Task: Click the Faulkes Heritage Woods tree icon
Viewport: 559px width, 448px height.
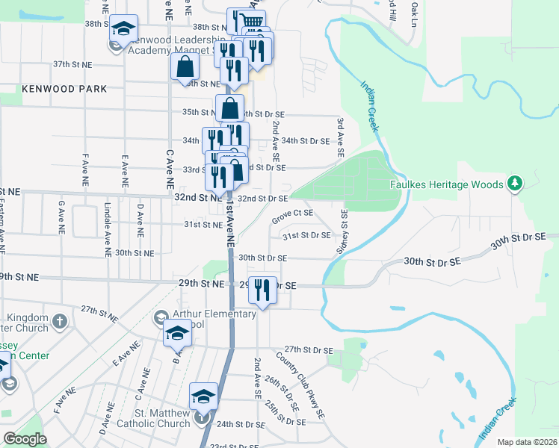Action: pos(513,183)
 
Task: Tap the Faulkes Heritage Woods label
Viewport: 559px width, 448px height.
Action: pos(447,184)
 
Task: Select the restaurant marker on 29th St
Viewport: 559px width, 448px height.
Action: pos(261,290)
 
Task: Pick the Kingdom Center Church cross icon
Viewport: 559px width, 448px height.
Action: pos(61,322)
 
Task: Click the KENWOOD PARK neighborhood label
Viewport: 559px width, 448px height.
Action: pos(64,89)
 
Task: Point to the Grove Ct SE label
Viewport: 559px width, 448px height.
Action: pos(291,216)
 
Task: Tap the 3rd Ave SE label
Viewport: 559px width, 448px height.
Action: pos(340,137)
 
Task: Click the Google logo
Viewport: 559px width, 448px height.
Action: pos(25,439)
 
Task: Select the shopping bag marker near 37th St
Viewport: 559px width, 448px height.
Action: pos(184,66)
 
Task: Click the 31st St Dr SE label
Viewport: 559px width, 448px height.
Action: pos(306,236)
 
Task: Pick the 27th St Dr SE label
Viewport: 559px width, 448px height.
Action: pos(308,349)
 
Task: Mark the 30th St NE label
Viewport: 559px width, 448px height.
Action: pos(135,253)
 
